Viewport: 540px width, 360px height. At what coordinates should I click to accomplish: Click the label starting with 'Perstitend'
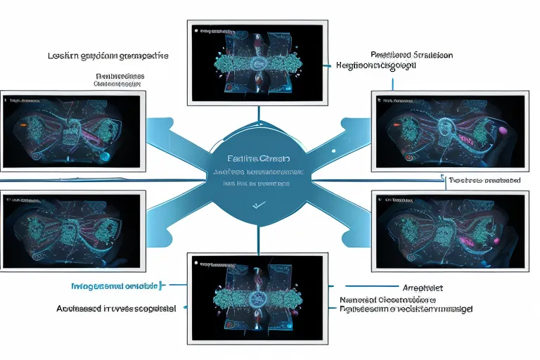tap(411, 54)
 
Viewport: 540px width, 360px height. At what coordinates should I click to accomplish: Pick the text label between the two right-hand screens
tap(484, 180)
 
